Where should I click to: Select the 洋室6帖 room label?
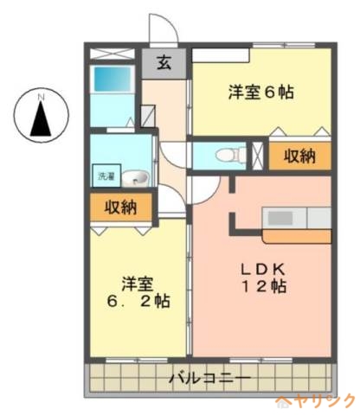[x=261, y=90]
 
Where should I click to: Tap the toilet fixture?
[x=227, y=156]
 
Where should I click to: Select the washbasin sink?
[x=135, y=179]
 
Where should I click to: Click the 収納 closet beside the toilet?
[x=297, y=156]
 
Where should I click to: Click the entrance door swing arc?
[x=164, y=29]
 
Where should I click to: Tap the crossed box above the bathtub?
[x=113, y=53]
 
